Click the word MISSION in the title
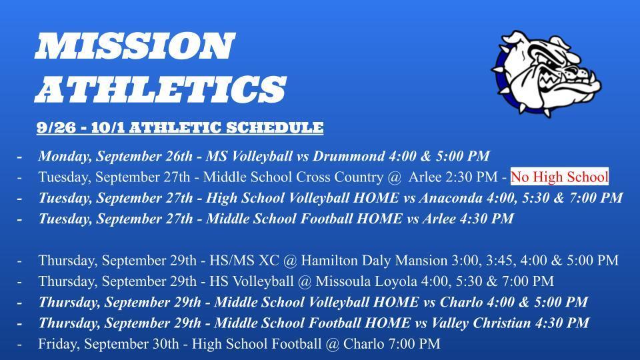tap(135, 46)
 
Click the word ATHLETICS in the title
tap(161, 89)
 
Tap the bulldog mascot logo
tap(546, 73)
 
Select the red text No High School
tap(559, 177)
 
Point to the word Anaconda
tap(451, 197)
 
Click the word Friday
tap(57, 344)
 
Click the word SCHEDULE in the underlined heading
tap(275, 128)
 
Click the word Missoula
tap(343, 281)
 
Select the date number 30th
tap(166, 344)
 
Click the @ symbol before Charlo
tap(333, 344)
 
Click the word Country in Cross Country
tap(357, 177)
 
